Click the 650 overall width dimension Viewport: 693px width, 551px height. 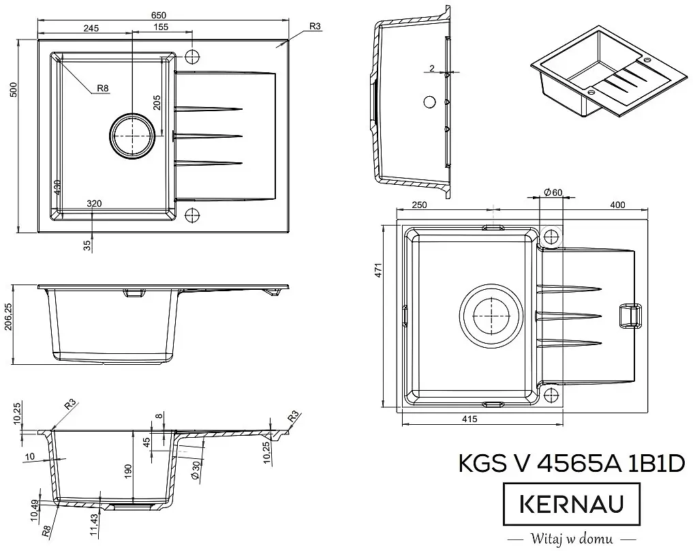click(x=158, y=15)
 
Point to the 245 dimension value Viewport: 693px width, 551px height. click(x=91, y=28)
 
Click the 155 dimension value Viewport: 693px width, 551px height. click(x=161, y=28)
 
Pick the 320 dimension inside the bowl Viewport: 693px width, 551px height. click(x=95, y=204)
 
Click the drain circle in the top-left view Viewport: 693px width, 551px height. click(x=131, y=136)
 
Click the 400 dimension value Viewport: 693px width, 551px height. click(x=617, y=205)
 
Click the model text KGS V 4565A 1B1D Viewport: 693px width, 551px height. click(x=572, y=463)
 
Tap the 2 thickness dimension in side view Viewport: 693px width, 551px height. click(x=432, y=68)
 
